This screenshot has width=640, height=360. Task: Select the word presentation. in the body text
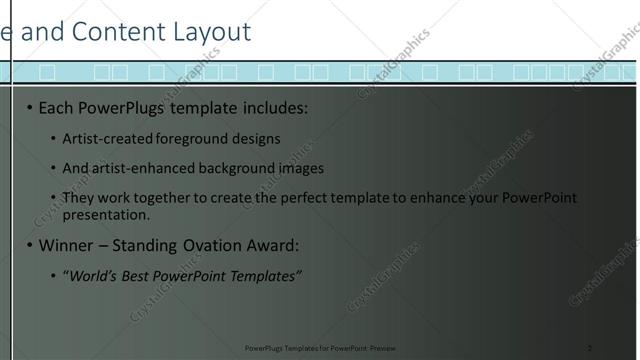(106, 214)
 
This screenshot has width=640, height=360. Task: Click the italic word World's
(92, 276)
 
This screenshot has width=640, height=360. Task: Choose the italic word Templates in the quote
(262, 276)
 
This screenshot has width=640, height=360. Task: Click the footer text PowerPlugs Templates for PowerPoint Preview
(320, 348)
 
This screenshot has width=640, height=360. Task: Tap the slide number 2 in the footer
(589, 348)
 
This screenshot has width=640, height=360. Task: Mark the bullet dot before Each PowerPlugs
(30, 107)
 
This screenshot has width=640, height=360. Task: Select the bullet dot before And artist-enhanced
(53, 168)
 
